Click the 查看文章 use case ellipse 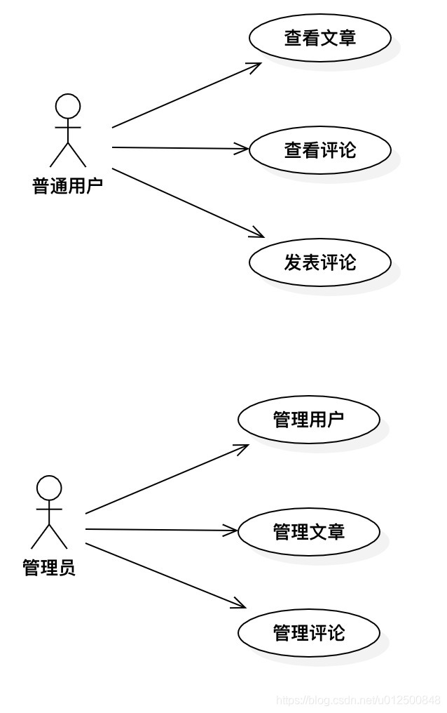click(319, 38)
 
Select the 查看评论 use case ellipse click(319, 149)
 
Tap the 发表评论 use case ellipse click(319, 262)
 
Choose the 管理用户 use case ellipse click(308, 420)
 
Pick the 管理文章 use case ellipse click(308, 532)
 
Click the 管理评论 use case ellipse click(308, 633)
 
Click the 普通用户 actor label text click(68, 186)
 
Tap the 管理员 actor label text click(49, 567)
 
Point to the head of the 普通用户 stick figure click(68, 107)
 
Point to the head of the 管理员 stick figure click(49, 488)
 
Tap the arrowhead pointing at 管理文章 click(232, 531)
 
